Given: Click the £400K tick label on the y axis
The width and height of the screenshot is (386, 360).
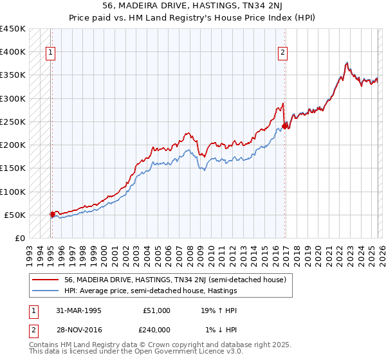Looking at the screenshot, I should (x=13, y=52).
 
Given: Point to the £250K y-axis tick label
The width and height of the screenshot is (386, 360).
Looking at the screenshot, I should (x=13, y=122).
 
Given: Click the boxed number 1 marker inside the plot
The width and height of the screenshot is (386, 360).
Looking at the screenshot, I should (x=51, y=53).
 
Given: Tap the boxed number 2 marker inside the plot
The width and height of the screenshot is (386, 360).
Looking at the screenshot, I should (x=282, y=53).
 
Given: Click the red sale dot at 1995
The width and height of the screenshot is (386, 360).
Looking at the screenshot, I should (x=52, y=214).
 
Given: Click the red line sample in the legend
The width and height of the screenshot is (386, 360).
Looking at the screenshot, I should (x=46, y=280).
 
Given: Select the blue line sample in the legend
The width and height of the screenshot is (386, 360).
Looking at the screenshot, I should (x=46, y=291).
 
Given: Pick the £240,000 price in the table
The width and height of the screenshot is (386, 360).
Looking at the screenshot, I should (x=157, y=330).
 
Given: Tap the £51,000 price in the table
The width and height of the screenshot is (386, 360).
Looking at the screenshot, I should (x=157, y=310).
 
